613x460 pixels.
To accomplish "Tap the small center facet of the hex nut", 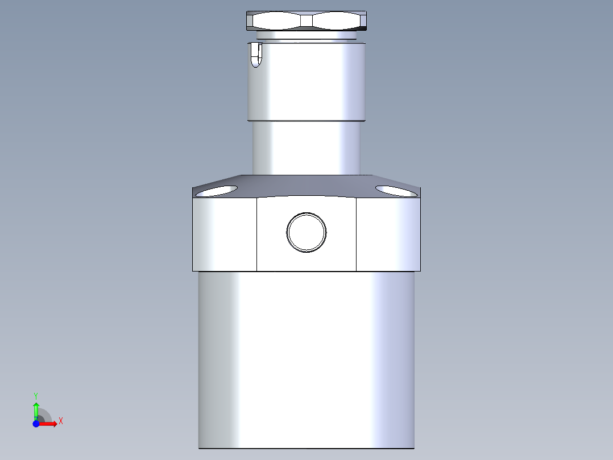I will click(x=306, y=21).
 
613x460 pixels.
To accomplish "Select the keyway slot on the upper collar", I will click(x=256, y=55).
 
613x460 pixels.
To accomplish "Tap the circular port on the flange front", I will click(x=306, y=232).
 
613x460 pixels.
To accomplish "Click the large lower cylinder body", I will click(x=306, y=359).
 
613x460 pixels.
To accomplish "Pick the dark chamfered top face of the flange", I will click(x=306, y=185).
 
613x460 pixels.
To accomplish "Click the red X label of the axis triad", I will click(x=61, y=421).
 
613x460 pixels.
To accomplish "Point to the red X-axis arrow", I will click(x=50, y=424).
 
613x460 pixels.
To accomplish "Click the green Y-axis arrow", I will click(x=36, y=410).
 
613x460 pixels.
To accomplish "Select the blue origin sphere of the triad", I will click(x=36, y=424).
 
